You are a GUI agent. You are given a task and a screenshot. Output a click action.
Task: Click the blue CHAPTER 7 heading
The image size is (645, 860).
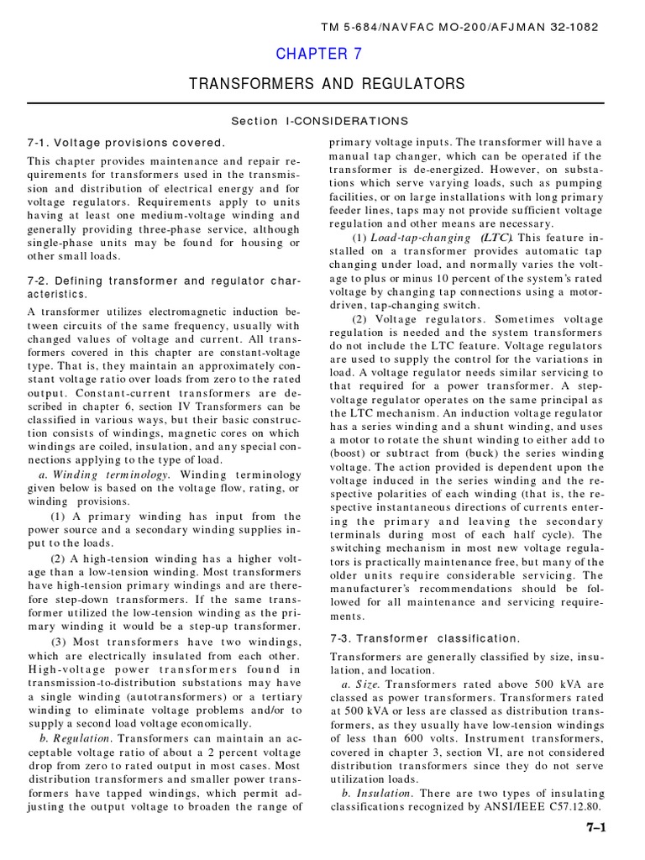click(312, 55)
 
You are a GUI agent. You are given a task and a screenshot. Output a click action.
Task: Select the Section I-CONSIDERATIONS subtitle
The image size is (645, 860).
click(320, 121)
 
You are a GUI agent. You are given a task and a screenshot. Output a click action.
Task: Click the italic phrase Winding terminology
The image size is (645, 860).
click(110, 475)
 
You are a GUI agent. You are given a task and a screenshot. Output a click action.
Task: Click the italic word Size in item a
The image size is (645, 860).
click(367, 684)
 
